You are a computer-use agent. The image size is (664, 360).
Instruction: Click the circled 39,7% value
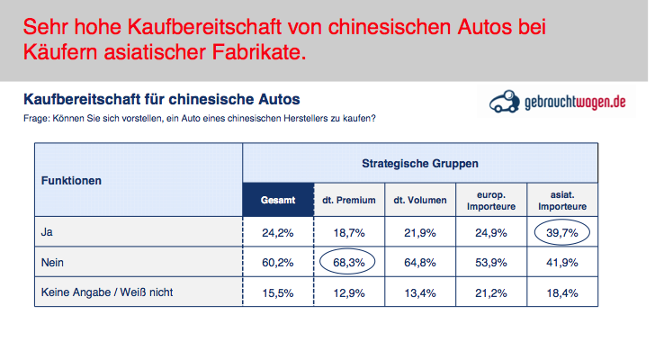(563, 234)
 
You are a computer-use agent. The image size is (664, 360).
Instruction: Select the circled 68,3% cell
(348, 264)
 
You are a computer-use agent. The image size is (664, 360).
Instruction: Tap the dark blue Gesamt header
(278, 199)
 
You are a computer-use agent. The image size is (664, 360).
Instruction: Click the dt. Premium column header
(348, 199)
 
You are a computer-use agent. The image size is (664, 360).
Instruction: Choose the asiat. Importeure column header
(563, 199)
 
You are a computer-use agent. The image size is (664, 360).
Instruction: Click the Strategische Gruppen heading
(420, 164)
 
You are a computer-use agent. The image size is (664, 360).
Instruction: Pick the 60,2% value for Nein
(278, 264)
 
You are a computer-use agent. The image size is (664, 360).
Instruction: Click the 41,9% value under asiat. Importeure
(563, 264)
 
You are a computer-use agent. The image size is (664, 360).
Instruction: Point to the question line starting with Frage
(199, 118)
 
